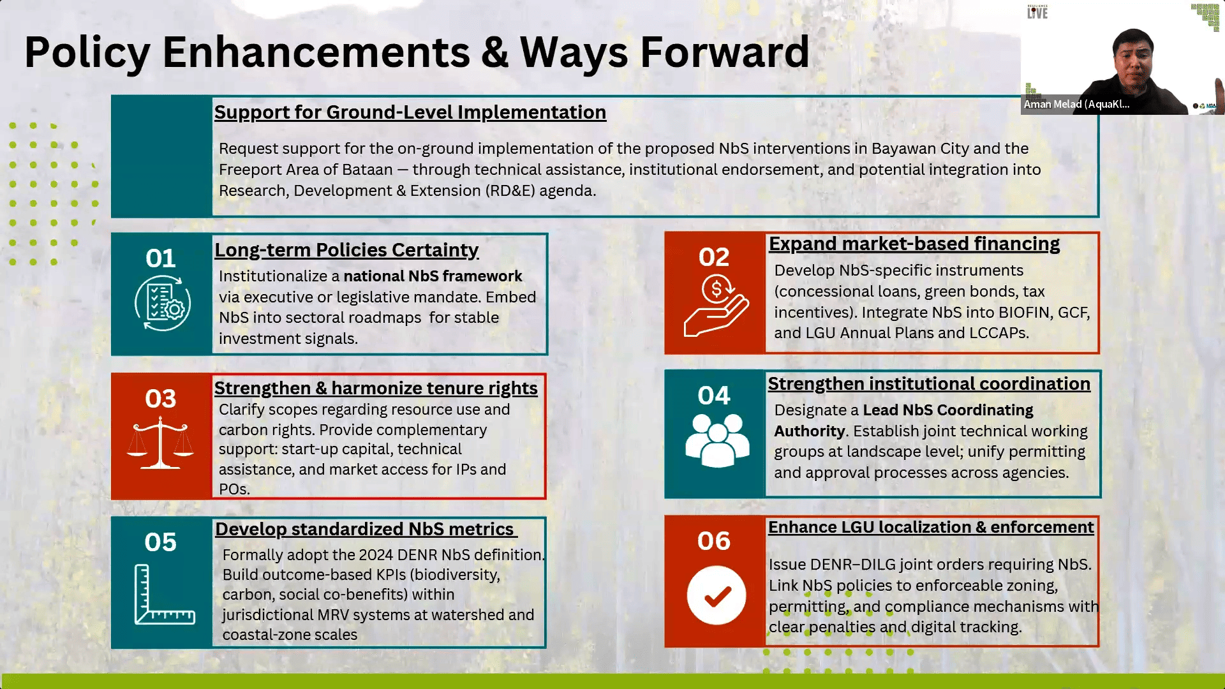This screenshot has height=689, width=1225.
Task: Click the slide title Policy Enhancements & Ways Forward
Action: click(417, 52)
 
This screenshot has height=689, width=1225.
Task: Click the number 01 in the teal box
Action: click(160, 258)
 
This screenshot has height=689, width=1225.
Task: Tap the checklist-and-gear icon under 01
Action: click(163, 303)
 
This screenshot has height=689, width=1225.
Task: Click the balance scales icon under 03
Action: click(160, 443)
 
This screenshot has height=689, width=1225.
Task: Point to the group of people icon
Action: click(717, 440)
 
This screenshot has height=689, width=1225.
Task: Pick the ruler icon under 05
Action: click(164, 594)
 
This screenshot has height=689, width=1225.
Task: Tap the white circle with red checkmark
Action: click(716, 596)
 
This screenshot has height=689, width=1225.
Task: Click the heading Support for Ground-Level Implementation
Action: click(410, 112)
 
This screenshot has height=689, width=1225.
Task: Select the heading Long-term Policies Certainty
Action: click(346, 250)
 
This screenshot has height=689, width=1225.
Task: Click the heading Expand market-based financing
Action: click(914, 244)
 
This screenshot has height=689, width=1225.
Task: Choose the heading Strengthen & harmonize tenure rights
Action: click(376, 388)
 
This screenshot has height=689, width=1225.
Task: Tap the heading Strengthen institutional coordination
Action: click(929, 383)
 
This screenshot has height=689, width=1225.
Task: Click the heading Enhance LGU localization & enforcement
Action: click(931, 527)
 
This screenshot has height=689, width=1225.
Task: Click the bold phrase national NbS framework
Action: click(433, 276)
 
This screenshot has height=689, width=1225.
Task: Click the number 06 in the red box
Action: click(714, 541)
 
